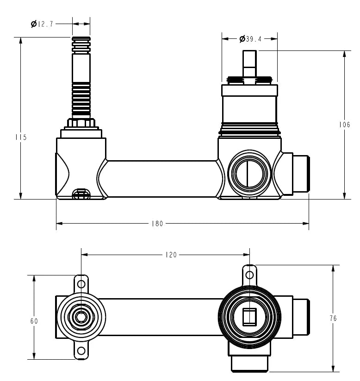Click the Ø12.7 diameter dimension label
click(x=42, y=24)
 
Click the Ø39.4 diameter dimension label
click(x=250, y=39)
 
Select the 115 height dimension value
click(x=21, y=137)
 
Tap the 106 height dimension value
click(x=344, y=125)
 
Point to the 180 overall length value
click(x=157, y=224)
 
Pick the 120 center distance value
click(x=171, y=255)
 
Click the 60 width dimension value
click(x=34, y=321)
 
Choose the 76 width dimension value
click(x=333, y=319)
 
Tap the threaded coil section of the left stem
click(x=81, y=99)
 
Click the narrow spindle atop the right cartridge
click(x=249, y=65)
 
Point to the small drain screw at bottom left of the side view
click(x=81, y=194)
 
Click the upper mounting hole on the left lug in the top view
click(x=81, y=283)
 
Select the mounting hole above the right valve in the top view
click(x=249, y=275)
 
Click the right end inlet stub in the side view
click(x=301, y=175)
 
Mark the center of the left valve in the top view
click(x=81, y=317)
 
